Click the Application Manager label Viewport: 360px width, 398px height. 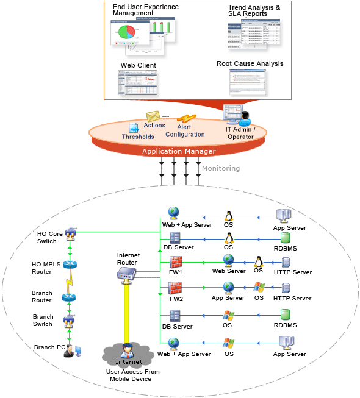[179, 151]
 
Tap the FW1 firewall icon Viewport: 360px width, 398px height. [175, 262]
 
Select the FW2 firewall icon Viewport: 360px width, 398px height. [175, 287]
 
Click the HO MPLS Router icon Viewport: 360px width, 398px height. [69, 265]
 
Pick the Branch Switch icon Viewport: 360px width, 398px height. [69, 320]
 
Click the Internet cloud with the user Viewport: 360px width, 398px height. [127, 355]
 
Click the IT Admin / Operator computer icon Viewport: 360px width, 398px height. [234, 114]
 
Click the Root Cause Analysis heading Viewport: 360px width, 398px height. [250, 63]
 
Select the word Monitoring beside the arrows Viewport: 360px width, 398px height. [221, 168]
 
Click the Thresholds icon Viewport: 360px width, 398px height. [134, 127]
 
